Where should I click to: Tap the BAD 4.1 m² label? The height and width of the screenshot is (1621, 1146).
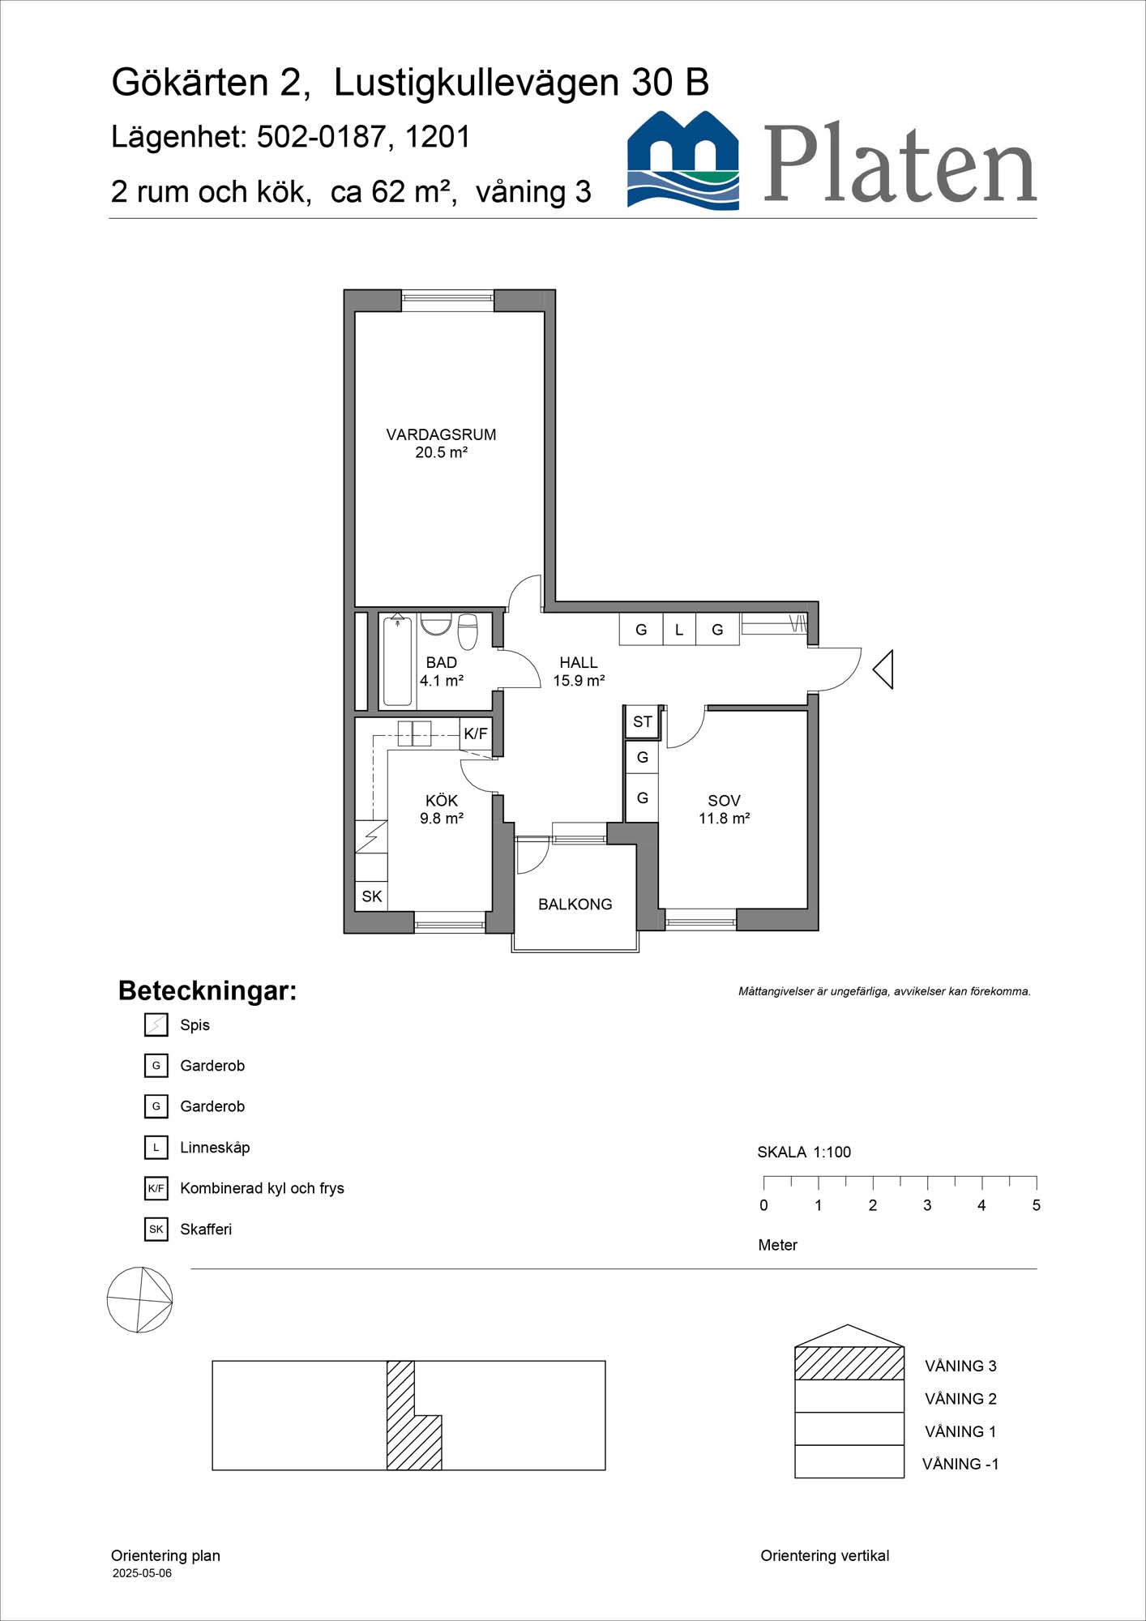[441, 671]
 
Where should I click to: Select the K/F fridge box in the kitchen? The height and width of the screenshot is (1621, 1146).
[476, 734]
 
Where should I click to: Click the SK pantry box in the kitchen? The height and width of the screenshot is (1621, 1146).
[371, 896]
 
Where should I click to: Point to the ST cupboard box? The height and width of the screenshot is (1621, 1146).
[642, 721]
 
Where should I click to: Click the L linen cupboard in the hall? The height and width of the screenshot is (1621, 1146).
[679, 630]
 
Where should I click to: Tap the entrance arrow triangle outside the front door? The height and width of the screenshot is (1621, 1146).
[883, 669]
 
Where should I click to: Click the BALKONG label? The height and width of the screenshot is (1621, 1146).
[575, 904]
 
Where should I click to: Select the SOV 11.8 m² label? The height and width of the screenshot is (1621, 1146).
[724, 809]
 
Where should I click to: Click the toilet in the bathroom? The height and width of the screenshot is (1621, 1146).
[468, 632]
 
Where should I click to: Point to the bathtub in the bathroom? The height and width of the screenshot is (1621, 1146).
[397, 661]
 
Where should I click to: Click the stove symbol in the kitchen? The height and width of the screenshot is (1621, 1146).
[371, 836]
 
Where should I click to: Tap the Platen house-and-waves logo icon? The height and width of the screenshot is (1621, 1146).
[683, 161]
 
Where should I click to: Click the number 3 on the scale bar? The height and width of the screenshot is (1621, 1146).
[927, 1205]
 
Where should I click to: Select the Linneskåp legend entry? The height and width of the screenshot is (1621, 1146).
[215, 1147]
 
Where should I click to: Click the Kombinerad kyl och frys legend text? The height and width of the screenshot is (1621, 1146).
[262, 1188]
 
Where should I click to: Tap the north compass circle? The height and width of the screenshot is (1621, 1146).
[139, 1300]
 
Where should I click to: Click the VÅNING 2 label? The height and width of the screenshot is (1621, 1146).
[960, 1398]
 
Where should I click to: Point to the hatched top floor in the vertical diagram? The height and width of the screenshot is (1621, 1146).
[849, 1363]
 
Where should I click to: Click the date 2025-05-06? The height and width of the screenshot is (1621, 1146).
[142, 1573]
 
